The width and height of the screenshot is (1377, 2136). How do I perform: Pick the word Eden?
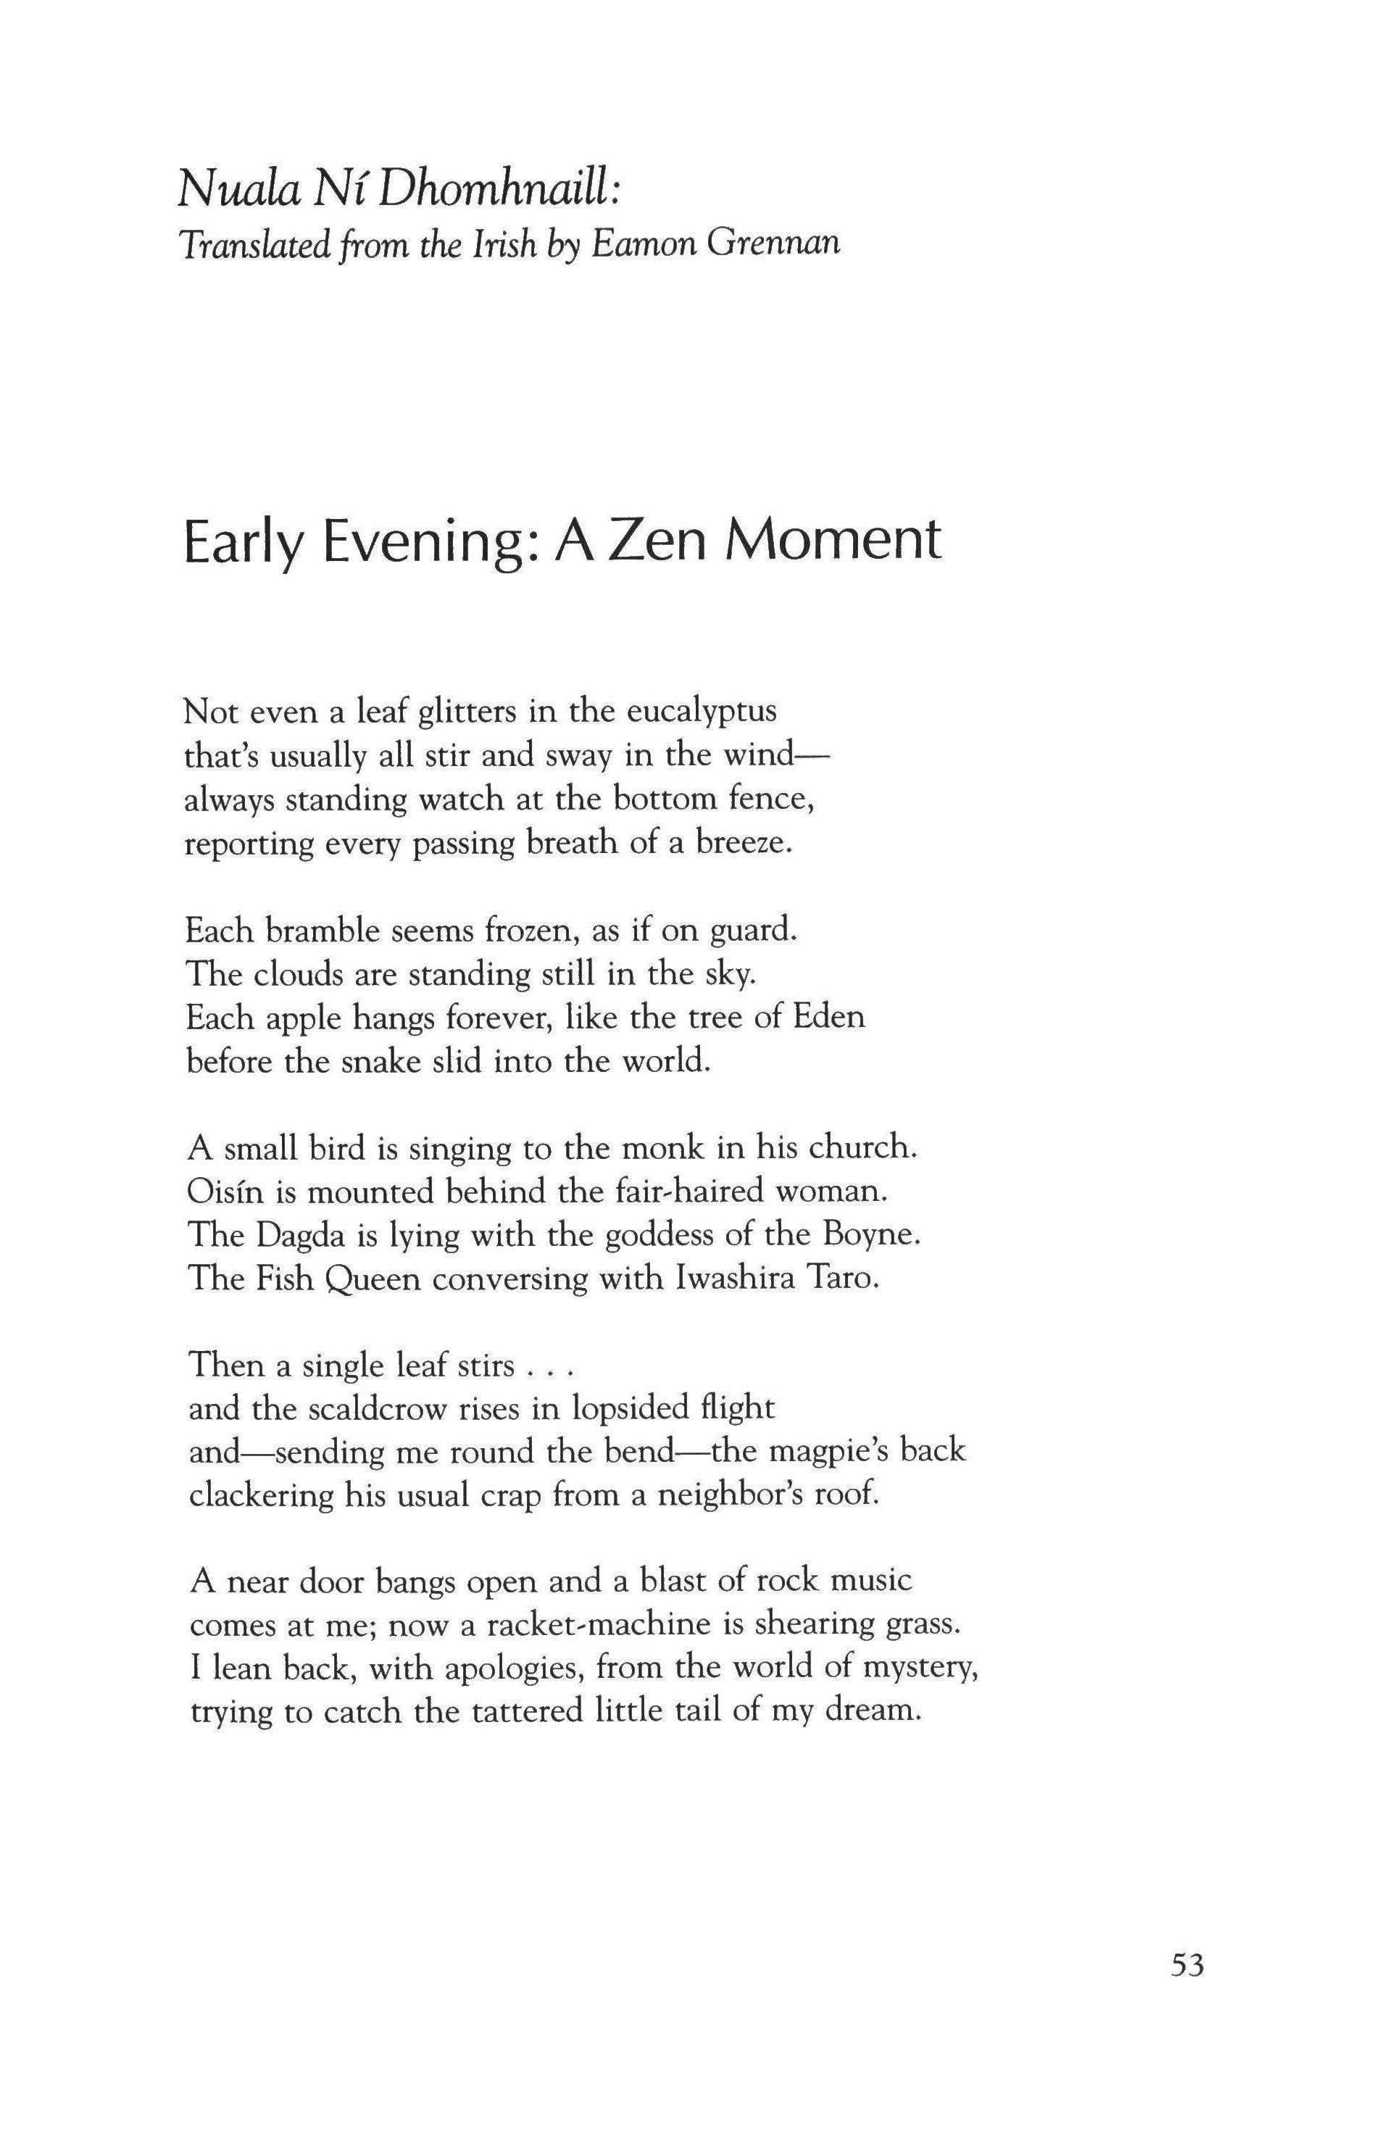coord(830,1018)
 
